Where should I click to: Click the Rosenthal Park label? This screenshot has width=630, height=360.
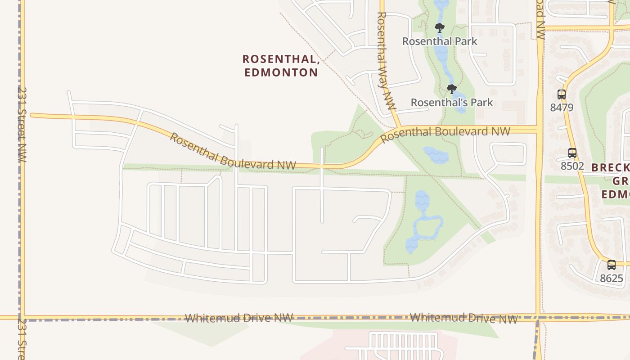440,41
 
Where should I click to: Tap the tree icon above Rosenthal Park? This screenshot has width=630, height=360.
440,28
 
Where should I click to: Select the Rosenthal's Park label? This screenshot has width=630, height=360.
452,103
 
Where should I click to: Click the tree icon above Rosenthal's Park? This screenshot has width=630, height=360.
452,89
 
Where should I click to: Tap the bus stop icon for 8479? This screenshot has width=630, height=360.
562,94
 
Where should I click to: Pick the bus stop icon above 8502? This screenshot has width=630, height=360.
572,153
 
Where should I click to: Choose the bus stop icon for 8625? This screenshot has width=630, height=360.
611,265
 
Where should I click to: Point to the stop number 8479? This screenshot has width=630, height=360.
562,108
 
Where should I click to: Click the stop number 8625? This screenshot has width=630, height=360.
611,278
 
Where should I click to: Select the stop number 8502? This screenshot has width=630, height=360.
572,166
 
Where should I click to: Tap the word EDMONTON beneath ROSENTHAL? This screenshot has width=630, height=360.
281,72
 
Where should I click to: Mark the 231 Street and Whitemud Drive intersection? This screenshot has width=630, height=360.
22,318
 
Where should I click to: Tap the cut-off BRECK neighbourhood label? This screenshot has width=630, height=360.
610,168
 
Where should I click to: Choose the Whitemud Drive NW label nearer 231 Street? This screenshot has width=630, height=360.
239,318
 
